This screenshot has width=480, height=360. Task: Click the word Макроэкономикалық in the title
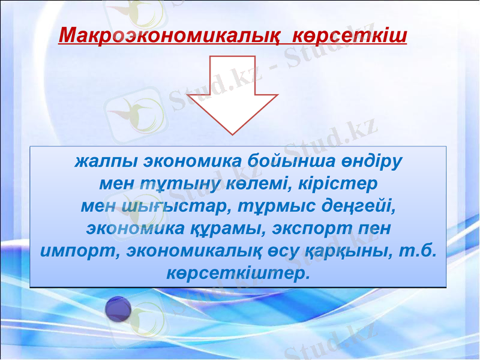(169, 35)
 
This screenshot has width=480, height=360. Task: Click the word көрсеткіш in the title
(349, 35)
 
